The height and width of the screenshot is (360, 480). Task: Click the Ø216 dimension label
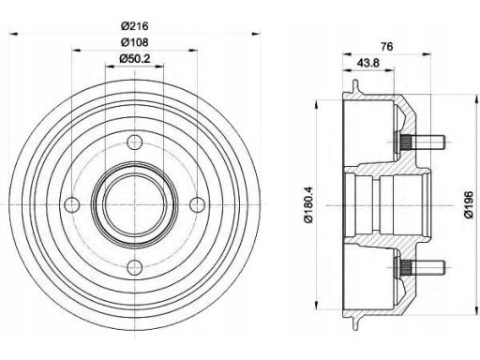[x=135, y=26]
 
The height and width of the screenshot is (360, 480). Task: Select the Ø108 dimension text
[x=135, y=42]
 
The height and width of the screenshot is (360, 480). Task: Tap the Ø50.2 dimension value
[x=135, y=58]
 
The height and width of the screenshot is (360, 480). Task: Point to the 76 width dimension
[x=386, y=47]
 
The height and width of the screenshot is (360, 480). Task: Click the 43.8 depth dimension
[x=368, y=63]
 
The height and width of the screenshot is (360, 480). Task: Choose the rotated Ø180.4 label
[x=308, y=205]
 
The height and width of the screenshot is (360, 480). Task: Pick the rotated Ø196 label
[x=469, y=205]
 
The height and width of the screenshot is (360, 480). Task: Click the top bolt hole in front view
[x=135, y=142]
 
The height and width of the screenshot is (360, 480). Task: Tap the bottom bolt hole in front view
[x=135, y=267]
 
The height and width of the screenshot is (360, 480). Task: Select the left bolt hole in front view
[x=72, y=205]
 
